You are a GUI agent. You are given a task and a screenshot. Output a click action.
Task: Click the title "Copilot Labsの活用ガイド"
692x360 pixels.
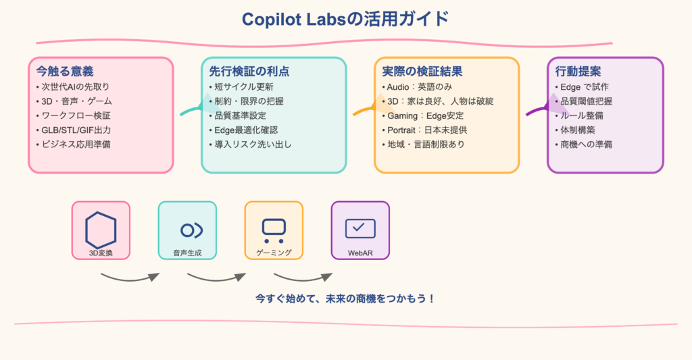click(345, 19)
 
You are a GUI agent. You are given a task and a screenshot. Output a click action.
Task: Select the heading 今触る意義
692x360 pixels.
click(65, 71)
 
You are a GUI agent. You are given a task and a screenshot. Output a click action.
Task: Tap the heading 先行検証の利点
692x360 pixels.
click(249, 71)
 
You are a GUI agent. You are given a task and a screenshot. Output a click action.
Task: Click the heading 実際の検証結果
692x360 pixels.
click(422, 71)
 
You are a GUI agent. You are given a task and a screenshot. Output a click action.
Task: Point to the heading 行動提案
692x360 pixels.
click(578, 71)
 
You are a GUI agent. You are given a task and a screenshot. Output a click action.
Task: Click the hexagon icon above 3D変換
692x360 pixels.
click(101, 230)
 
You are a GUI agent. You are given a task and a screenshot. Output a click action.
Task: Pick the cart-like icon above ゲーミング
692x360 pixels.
click(274, 230)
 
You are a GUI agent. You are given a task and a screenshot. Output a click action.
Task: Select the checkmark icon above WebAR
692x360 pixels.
click(360, 228)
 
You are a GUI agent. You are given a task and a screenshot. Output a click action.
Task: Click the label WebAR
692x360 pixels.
click(360, 253)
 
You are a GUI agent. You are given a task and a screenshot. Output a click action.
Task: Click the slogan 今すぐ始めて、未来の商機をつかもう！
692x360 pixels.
click(345, 298)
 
